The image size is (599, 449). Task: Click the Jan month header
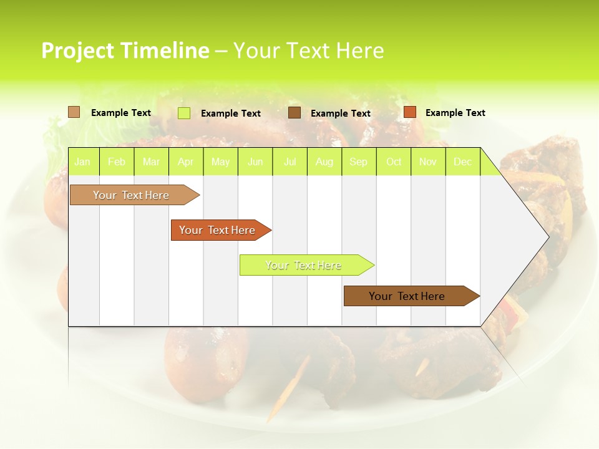82,162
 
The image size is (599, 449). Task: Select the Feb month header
117,162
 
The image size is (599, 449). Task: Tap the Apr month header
185,162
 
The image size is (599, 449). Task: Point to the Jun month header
255,162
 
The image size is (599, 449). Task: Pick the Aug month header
324,162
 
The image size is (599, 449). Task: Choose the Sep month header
358,162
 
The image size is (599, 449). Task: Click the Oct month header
394,162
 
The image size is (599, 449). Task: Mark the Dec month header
462,162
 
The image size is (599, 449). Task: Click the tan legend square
74,112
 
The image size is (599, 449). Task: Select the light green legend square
183,113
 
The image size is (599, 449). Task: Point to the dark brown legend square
294,113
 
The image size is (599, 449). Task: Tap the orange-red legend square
409,112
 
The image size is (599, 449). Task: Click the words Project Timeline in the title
125,51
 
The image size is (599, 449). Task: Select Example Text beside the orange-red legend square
455,113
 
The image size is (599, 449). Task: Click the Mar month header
151,162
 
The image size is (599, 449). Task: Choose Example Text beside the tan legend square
120,113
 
